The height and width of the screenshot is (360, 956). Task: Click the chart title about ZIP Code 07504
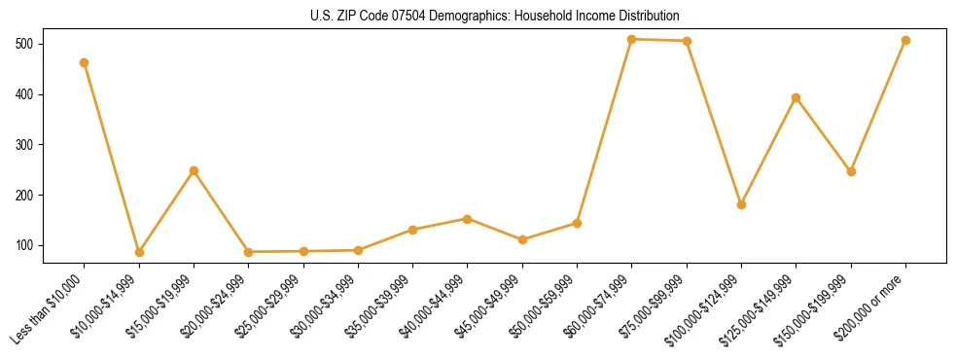pos(477,16)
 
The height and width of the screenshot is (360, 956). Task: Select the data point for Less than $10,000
pos(85,62)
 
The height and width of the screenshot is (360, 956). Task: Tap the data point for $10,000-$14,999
pos(139,252)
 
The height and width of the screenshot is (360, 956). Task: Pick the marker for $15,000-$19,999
pos(194,170)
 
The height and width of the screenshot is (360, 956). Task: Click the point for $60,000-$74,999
pos(632,39)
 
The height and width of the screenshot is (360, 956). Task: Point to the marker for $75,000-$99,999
pos(687,41)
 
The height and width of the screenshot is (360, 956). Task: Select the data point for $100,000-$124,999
pos(741,204)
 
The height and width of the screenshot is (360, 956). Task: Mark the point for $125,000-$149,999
pos(797,97)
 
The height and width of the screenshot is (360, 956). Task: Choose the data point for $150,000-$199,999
pos(851,171)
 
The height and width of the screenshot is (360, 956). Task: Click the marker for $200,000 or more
pos(905,40)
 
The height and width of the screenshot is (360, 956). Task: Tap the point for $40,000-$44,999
pos(468,219)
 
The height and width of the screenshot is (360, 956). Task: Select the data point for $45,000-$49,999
pos(522,239)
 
